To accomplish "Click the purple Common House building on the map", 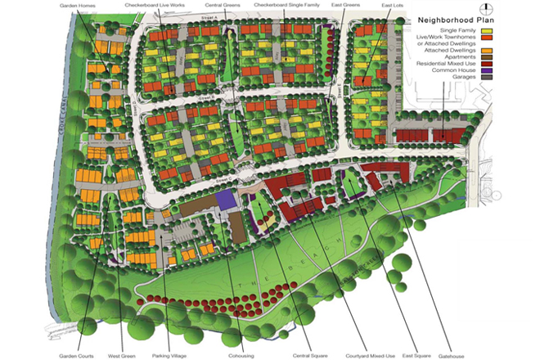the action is tap(225, 200).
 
